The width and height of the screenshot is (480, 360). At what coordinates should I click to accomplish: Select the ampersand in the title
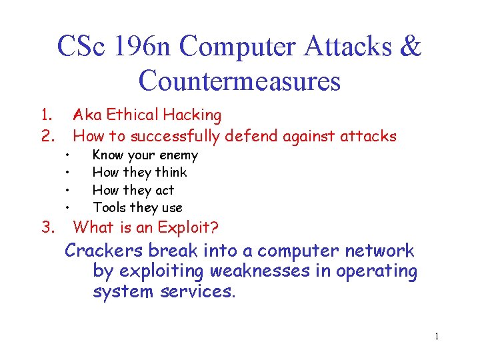click(x=411, y=47)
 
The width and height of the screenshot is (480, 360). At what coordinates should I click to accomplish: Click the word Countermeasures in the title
click(x=239, y=81)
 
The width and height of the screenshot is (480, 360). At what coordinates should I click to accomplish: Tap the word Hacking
click(x=194, y=116)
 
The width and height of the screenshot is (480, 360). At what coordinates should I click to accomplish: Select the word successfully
click(x=176, y=137)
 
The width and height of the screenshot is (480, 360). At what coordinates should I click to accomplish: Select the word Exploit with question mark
click(x=187, y=227)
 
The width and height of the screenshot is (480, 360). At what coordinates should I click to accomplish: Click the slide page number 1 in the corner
click(x=437, y=337)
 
